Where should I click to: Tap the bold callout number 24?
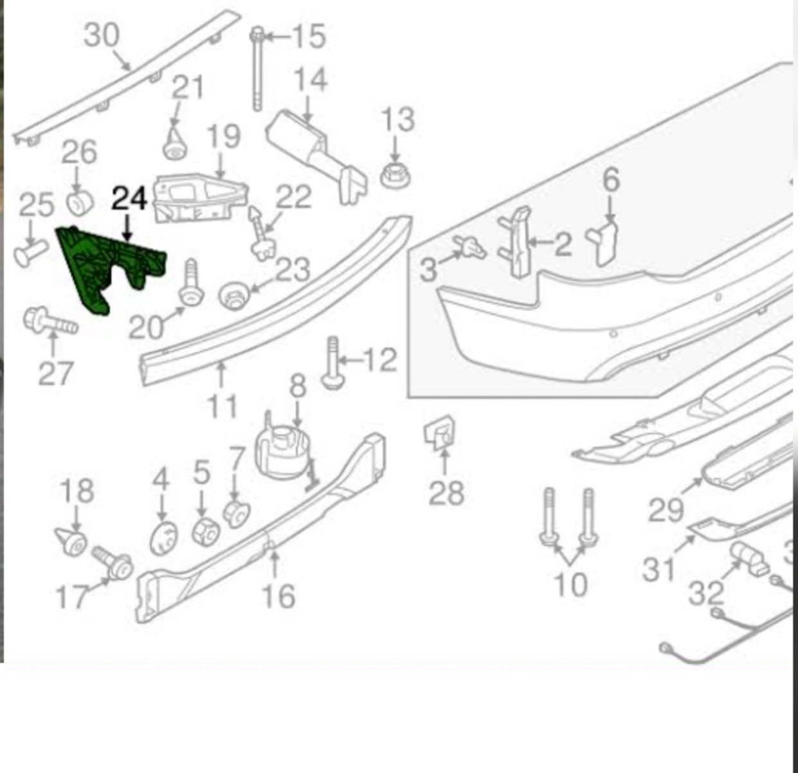point(129,199)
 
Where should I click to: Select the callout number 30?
point(102,34)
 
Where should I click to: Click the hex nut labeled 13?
point(395,175)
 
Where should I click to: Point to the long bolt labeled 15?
point(258,71)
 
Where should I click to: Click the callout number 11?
point(222,406)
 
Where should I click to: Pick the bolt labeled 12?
point(333,364)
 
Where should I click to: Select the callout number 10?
point(570,585)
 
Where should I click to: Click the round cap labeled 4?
point(163,538)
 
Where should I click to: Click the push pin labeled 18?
point(71,542)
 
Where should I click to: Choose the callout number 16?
point(278,596)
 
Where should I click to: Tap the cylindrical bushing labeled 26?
point(80,202)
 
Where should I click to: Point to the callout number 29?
point(666,511)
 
